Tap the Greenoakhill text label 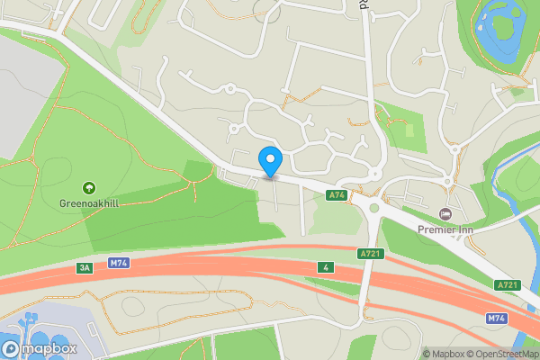pos(88,202)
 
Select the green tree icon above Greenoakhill pos(88,187)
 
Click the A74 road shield pos(337,194)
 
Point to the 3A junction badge pos(85,267)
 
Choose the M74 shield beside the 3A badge pos(117,263)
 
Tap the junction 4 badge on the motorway pos(324,267)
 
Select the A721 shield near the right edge pos(507,284)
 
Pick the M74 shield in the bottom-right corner pos(497,319)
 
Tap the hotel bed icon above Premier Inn pos(445,214)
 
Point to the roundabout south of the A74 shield pos(373,209)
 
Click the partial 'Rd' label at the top pos(364,4)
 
